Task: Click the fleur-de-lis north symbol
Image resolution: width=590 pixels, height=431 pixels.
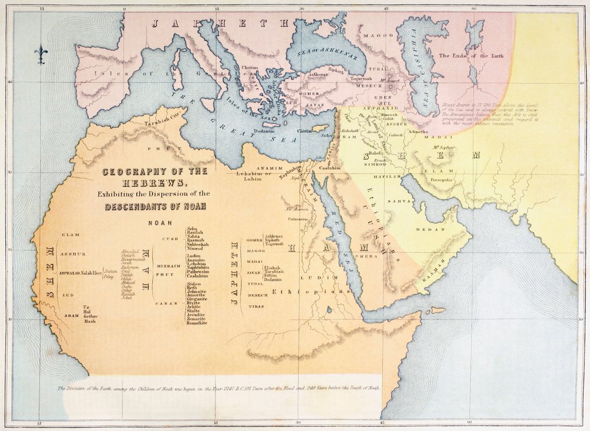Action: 41,54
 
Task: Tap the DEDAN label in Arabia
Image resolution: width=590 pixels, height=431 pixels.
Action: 426,229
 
